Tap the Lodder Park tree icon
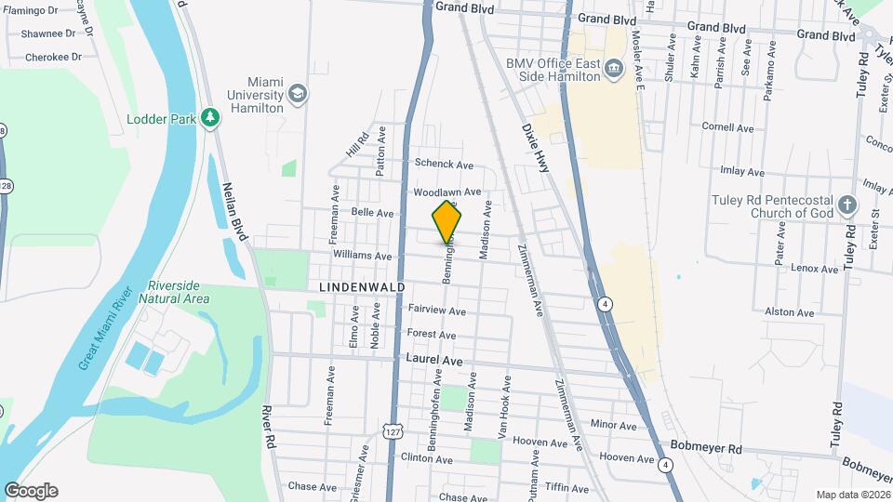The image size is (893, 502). [212, 117]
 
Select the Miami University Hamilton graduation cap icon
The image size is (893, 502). [297, 94]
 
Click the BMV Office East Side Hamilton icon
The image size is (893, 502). [613, 68]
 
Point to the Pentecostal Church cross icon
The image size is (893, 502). [846, 205]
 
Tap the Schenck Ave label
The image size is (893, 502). [444, 165]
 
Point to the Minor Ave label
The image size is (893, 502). [613, 426]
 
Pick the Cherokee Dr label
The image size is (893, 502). [52, 57]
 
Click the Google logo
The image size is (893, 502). [30, 490]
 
